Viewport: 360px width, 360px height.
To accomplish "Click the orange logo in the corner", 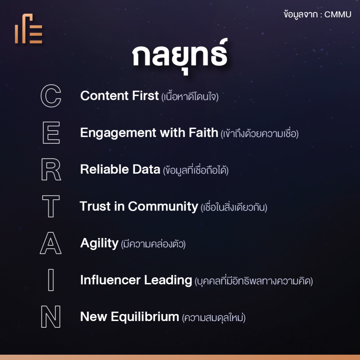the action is point(29,28).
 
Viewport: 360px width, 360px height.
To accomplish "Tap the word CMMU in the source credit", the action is point(338,14).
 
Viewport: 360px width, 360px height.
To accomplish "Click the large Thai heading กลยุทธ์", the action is point(180,57).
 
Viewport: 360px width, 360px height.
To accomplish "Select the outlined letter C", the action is point(51,96).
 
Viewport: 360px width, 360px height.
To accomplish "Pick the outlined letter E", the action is point(51,133).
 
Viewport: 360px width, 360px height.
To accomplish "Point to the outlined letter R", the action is point(51,169).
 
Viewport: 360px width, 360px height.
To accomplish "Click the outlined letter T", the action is point(51,206).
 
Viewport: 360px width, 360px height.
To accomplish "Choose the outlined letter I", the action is point(51,280).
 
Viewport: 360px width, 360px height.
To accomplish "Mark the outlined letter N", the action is point(51,317).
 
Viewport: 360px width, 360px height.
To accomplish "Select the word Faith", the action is point(203,133).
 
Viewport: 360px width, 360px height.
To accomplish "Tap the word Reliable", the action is point(104,169).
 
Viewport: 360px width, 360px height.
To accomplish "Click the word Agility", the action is point(99,243).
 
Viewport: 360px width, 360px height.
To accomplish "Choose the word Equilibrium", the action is point(145,317).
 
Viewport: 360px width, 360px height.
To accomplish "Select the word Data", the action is point(146,169).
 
